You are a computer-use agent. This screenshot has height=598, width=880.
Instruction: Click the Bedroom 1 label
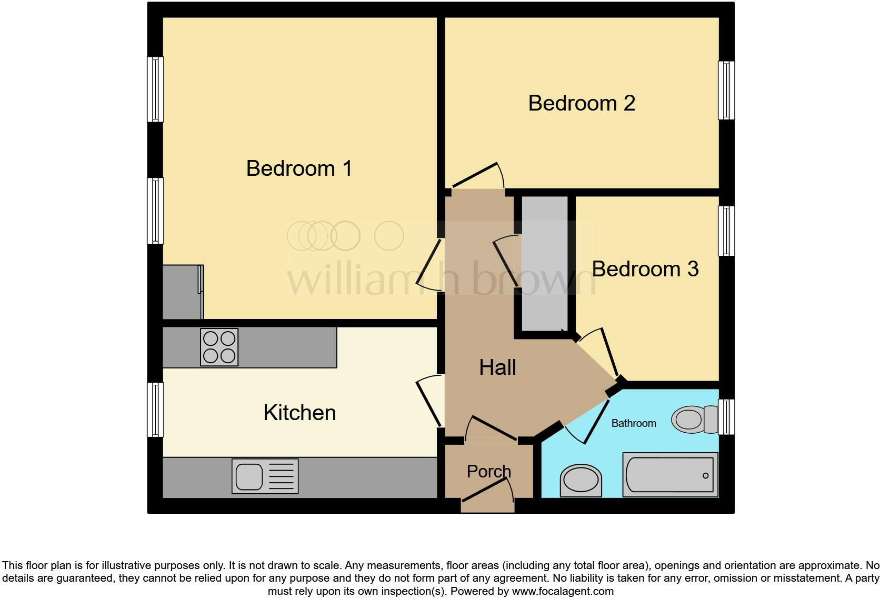tap(299, 168)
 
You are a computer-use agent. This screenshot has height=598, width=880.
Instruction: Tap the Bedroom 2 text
tap(582, 103)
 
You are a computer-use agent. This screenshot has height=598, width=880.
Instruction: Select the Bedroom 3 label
tap(645, 269)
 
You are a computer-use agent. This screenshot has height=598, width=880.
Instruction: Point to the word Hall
tap(497, 367)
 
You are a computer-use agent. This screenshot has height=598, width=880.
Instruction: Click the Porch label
tap(488, 471)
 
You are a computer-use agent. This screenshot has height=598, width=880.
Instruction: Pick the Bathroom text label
tap(634, 423)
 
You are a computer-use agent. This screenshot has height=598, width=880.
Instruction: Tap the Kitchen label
tap(299, 413)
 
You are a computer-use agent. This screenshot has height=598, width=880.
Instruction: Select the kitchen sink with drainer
tap(265, 476)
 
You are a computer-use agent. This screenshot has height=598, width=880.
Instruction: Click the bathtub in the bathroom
tap(670, 475)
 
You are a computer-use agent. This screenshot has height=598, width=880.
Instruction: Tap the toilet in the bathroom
tap(694, 420)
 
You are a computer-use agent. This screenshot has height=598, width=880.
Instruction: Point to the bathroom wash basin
tap(581, 480)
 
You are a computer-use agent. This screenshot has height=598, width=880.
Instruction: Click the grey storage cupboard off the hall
tap(545, 263)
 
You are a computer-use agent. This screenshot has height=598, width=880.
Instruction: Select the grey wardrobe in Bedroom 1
tap(182, 292)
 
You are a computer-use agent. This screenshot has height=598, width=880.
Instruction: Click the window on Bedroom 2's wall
tap(726, 90)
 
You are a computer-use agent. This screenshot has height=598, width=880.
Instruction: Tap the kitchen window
tap(155, 410)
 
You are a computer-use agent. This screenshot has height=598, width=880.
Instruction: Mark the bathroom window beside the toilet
tap(726, 416)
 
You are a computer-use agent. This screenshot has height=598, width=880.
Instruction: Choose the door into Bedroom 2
tap(476, 176)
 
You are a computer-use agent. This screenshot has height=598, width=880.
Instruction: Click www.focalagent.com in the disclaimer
tap(563, 591)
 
